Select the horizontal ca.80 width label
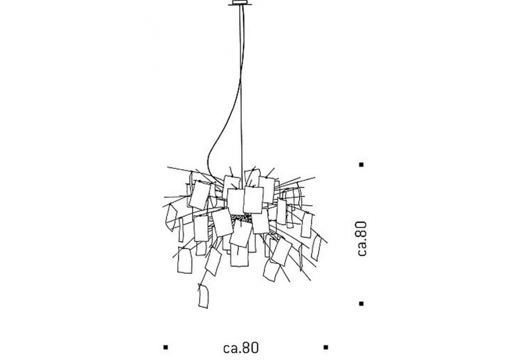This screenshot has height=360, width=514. click(240, 347)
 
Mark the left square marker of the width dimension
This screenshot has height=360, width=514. click(165, 347)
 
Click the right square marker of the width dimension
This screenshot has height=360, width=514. click(325, 347)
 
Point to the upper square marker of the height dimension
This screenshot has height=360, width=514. click(362, 165)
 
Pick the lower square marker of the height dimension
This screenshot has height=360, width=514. click(362, 303)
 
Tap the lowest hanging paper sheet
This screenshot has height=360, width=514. click(204, 296)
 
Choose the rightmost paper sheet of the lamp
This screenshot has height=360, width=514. click(317, 248)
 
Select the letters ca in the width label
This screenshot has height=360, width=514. click(229, 348)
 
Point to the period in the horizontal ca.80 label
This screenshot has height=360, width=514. click(238, 351)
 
